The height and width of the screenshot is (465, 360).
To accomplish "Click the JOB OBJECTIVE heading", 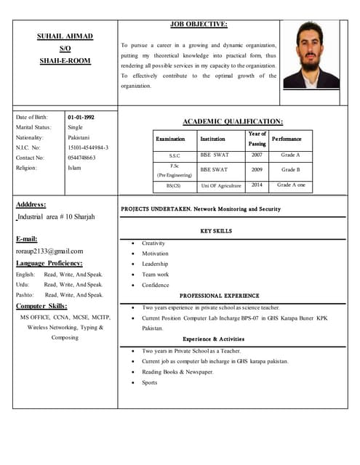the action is click(199, 24).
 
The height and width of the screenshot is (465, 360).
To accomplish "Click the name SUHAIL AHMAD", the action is click(65, 36).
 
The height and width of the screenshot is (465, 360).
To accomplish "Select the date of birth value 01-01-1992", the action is click(81, 117).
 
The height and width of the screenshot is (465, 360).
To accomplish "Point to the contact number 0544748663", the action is click(81, 158).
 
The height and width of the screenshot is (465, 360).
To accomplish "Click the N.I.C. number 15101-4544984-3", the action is click(88, 147).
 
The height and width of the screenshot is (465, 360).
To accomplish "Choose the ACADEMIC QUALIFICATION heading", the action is click(232, 121).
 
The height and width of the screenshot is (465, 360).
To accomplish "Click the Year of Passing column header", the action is click(257, 139).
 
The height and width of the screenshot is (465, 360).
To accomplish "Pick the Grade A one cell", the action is click(291, 185).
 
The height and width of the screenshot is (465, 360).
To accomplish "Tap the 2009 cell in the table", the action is click(257, 169).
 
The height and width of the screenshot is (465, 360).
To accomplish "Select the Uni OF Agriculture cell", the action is click(221, 185).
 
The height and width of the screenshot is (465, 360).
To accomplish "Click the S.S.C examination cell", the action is click(175, 155).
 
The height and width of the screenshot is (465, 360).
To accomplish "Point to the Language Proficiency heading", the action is click(49, 263).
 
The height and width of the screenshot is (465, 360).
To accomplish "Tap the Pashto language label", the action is click(25, 295).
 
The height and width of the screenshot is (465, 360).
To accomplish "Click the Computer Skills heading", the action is click(42, 306).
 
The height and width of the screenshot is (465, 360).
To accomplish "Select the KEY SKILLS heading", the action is click(216, 230).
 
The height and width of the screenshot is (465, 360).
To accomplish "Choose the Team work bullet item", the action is click(155, 275).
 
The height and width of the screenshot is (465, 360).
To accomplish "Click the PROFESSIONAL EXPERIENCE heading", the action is click(219, 296).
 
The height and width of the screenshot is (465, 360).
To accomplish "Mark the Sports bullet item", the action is click(149, 382).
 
